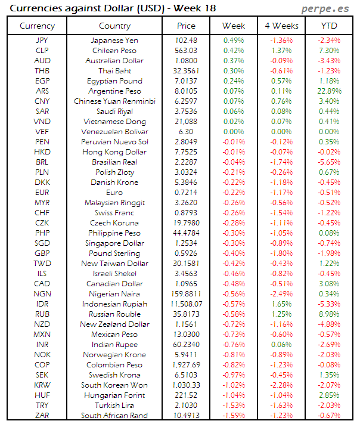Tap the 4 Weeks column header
click(x=281, y=26)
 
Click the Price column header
click(x=186, y=26)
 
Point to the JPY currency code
click(x=42, y=41)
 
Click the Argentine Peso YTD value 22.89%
click(x=329, y=91)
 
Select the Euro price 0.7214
click(x=186, y=193)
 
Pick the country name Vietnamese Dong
click(x=114, y=122)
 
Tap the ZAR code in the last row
click(x=42, y=416)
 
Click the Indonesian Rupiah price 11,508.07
click(x=186, y=304)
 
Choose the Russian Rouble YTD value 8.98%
click(x=329, y=314)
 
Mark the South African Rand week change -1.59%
click(x=233, y=416)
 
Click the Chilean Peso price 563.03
click(x=186, y=51)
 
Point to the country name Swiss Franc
click(x=114, y=213)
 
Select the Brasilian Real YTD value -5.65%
click(x=329, y=162)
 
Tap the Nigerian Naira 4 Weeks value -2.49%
click(x=281, y=294)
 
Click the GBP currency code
click(x=42, y=253)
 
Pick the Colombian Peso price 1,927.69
click(x=186, y=365)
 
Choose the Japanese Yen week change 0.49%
click(x=233, y=41)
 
